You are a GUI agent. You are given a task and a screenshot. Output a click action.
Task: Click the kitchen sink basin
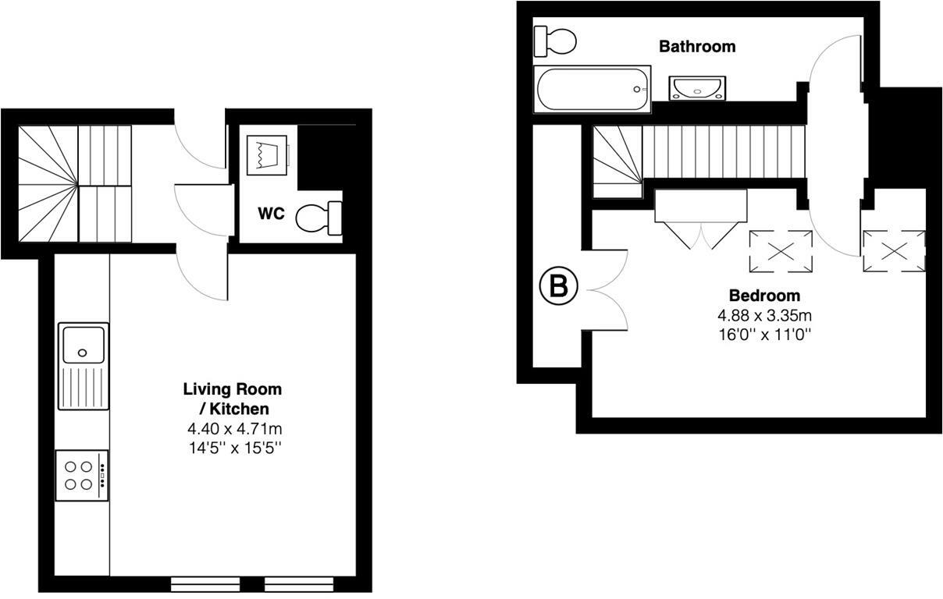[x=82, y=344]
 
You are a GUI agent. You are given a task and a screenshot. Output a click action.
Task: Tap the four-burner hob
[x=82, y=475]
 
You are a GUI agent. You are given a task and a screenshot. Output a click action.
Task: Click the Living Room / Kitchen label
[x=232, y=399]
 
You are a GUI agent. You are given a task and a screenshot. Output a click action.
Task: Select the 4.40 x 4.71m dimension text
[x=232, y=428]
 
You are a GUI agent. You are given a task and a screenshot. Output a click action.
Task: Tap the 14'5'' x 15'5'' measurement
[x=232, y=448]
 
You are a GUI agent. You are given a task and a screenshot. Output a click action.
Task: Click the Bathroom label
[x=697, y=47]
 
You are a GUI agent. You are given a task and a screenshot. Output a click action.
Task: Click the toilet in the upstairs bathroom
[x=555, y=39]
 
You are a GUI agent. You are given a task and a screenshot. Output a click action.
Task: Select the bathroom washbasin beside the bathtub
[x=697, y=88]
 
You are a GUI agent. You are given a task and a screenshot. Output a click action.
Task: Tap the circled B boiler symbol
[x=558, y=287]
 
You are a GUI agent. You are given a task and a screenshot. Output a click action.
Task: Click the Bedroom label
[x=764, y=296]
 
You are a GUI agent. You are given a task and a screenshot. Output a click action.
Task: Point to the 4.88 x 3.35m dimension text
[x=764, y=316]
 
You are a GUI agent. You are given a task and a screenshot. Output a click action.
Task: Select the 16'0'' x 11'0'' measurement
[x=764, y=335]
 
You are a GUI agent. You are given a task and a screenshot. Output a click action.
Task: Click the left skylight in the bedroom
[x=781, y=251]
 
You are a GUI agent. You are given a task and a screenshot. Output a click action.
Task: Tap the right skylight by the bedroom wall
[x=894, y=251]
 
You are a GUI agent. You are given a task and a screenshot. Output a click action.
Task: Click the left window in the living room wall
[x=205, y=583]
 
